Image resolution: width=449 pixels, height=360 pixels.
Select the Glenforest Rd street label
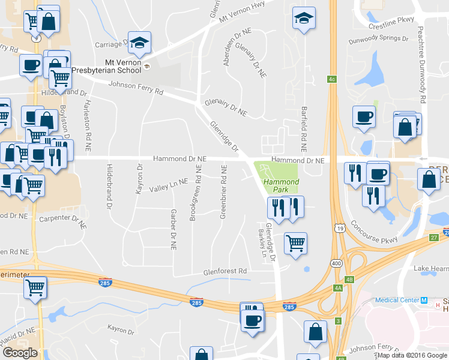(225, 271)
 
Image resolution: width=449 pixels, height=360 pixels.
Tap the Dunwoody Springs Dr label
(379, 38)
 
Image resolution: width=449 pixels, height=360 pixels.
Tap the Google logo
(20, 353)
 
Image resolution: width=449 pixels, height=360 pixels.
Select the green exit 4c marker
(331, 79)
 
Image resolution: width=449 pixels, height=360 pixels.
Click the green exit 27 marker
(433, 238)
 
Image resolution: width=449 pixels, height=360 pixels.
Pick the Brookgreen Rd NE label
(193, 193)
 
